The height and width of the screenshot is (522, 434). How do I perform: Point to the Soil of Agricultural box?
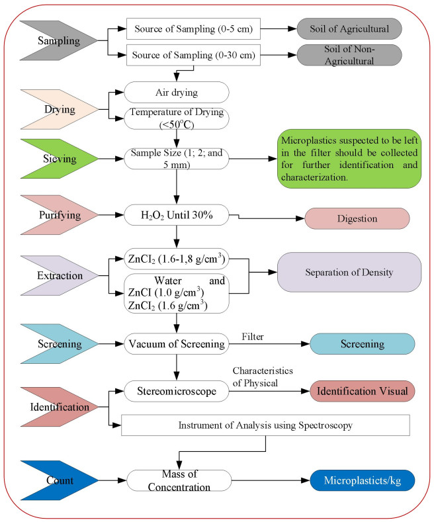coord(349,28)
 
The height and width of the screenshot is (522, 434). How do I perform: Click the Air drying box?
coord(176,93)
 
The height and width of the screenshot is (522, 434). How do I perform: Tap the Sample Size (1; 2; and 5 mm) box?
coord(176,159)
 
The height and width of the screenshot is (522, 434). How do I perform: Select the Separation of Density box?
coord(349,271)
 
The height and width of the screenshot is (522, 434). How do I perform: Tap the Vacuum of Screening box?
coord(176,344)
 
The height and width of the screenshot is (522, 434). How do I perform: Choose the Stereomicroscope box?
coord(176,392)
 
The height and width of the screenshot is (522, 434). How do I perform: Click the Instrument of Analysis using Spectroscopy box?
coord(266,425)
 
